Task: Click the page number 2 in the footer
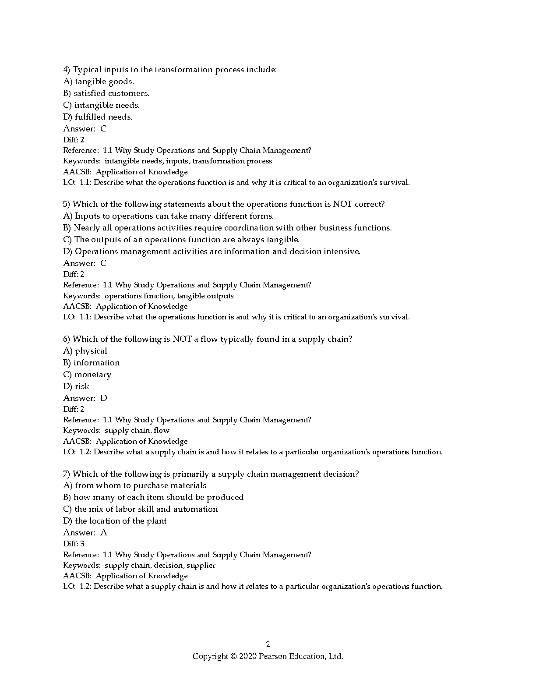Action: click(x=268, y=644)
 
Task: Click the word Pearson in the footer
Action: click(x=274, y=656)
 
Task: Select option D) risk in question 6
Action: click(x=76, y=386)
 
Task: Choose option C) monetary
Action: click(x=87, y=375)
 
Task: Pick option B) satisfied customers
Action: click(x=106, y=93)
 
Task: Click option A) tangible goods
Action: click(x=99, y=81)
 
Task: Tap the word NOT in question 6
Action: click(x=182, y=339)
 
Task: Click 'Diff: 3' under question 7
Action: click(x=74, y=544)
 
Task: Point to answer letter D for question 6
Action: click(x=103, y=398)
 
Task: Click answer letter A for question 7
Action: click(x=103, y=533)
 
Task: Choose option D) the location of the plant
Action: click(x=115, y=521)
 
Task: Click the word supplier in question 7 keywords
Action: click(x=201, y=565)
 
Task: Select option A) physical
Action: click(x=85, y=351)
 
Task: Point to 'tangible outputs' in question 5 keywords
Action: click(x=205, y=296)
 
